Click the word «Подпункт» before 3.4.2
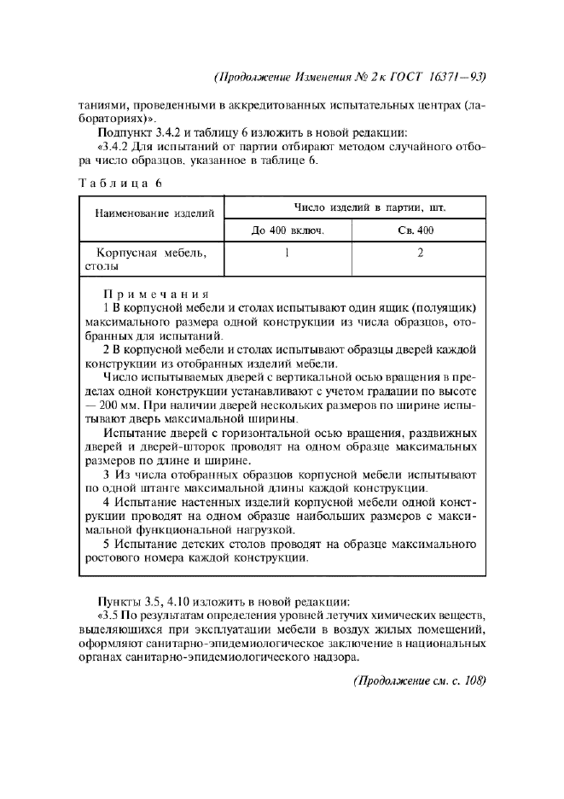point(125,132)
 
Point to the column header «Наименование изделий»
point(154,213)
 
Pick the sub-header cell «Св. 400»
point(421,230)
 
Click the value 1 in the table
point(288,253)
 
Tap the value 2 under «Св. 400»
point(421,253)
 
